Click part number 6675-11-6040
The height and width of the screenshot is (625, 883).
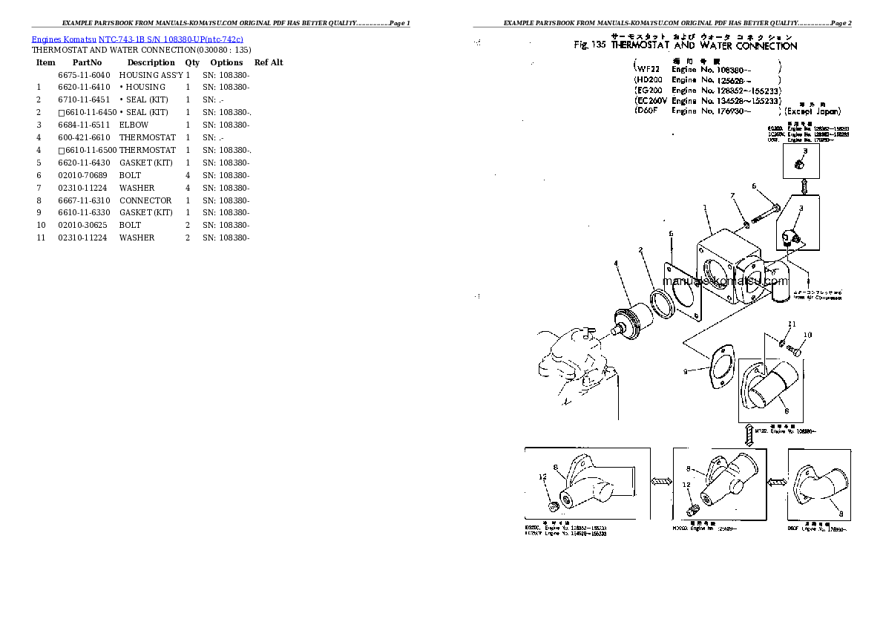[x=84, y=75]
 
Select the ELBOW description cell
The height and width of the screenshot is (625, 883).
[x=134, y=125]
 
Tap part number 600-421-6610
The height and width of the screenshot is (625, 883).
[x=84, y=138]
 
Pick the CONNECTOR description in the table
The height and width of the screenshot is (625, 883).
[x=145, y=200]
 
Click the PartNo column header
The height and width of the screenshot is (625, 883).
[x=87, y=63]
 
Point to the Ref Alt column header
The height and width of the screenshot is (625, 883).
[x=268, y=63]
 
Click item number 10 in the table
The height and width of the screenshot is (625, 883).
[x=42, y=225]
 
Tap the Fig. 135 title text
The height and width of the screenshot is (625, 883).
[x=686, y=46]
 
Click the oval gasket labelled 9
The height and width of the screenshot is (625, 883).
[x=718, y=366]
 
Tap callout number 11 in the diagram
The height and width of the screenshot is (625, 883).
[x=792, y=324]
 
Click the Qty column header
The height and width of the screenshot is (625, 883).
[x=192, y=63]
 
